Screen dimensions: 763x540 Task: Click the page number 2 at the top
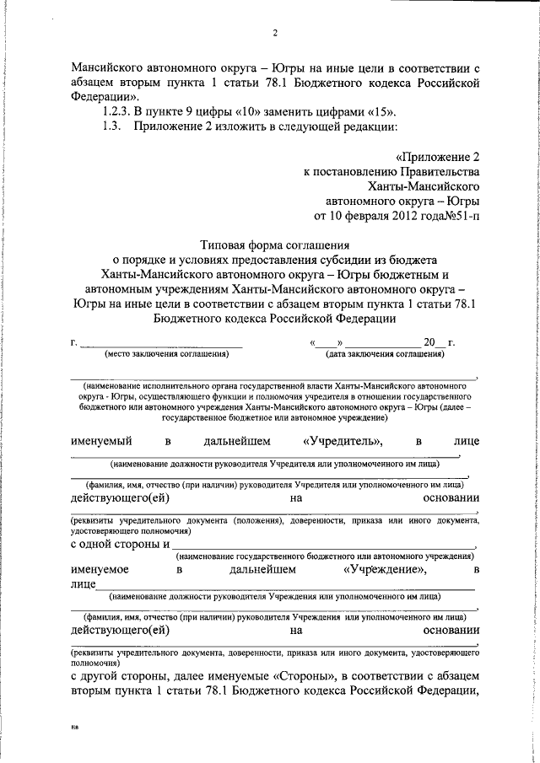[275, 33]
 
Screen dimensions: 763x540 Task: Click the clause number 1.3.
[111, 127]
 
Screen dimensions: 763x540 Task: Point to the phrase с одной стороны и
[119, 544]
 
